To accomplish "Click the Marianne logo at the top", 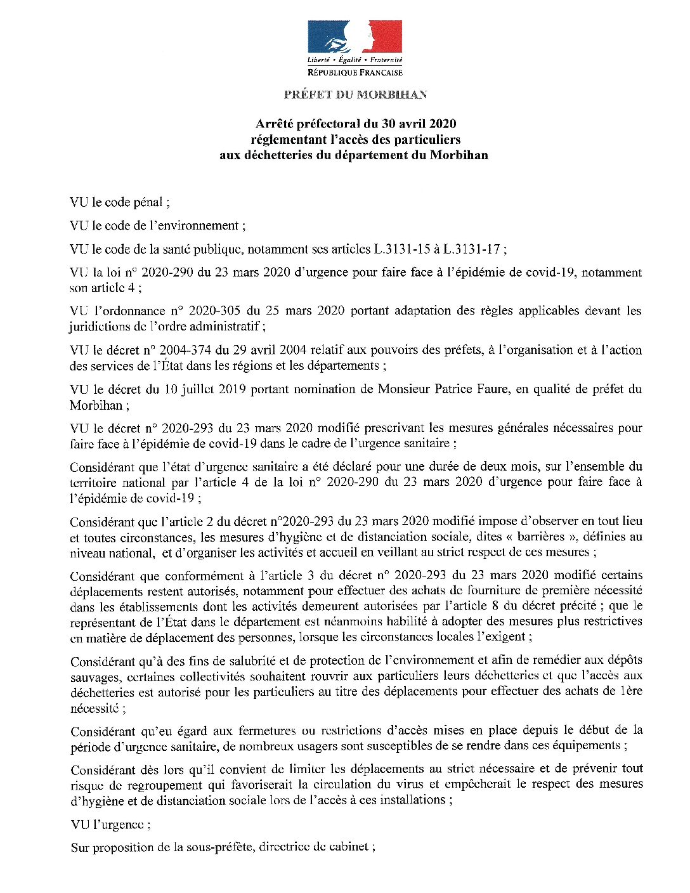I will click(355, 37).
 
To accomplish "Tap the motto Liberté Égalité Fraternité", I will click(355, 60).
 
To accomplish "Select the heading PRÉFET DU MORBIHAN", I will click(355, 95).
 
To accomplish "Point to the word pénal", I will click(147, 202).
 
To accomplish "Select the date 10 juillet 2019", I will click(199, 389).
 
